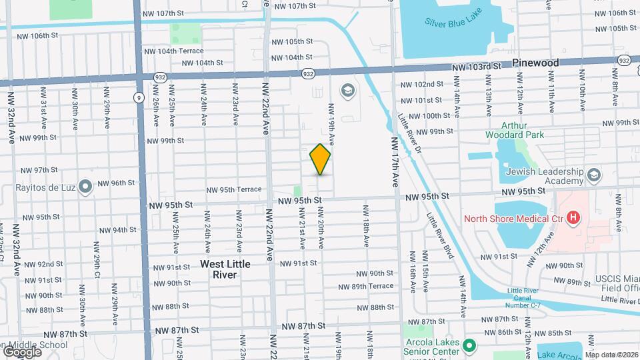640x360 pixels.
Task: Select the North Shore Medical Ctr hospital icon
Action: coord(572,218)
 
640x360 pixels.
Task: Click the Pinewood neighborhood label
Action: coord(535,63)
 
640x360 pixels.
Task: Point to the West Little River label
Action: coord(225,269)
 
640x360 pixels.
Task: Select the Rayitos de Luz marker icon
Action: coord(85,186)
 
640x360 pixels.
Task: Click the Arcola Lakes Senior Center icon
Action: coord(469,346)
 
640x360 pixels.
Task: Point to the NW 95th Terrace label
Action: coord(234,189)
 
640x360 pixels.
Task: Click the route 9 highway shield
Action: coord(138,97)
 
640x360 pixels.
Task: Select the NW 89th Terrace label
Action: coord(366,286)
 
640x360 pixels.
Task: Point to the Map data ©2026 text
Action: coord(611,355)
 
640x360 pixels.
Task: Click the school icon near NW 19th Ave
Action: coord(347,90)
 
